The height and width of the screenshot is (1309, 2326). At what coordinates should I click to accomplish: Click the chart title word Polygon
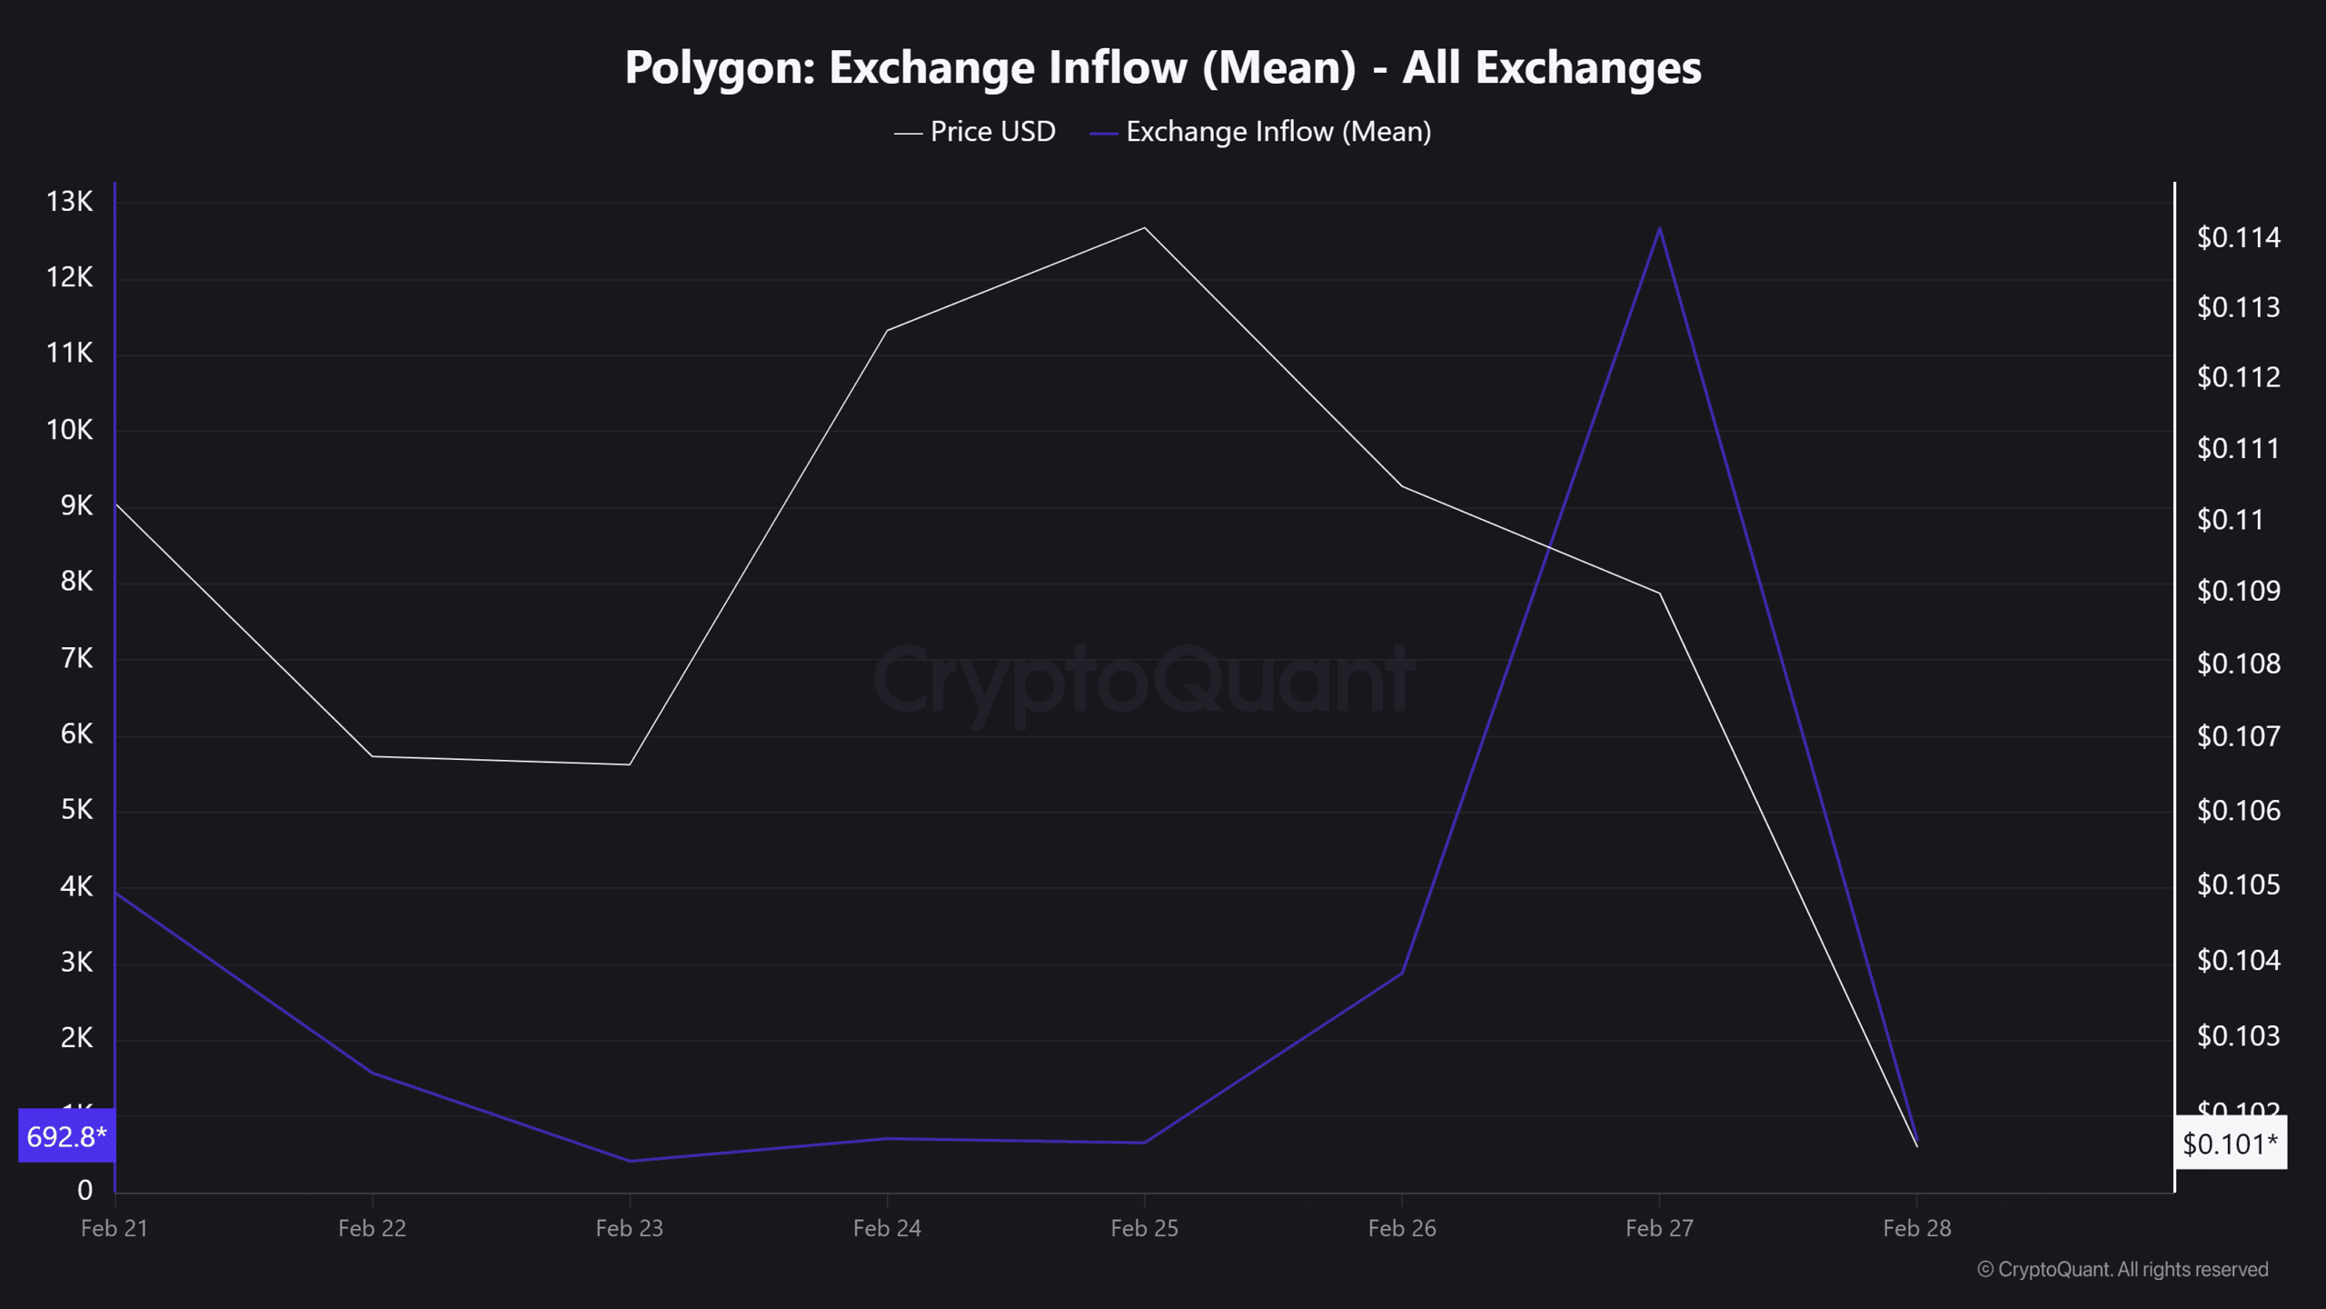(717, 68)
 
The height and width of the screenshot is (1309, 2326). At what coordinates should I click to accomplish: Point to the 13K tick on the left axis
(70, 202)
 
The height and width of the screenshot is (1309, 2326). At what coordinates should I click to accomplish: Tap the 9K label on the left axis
(76, 505)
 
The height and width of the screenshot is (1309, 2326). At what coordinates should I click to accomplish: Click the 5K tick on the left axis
(76, 810)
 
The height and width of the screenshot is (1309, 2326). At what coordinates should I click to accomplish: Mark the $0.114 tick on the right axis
(2238, 238)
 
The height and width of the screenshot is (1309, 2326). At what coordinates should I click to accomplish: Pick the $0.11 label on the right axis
(2230, 520)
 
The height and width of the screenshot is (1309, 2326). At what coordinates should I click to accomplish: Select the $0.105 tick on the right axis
(2238, 884)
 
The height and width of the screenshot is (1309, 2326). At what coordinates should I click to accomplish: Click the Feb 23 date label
(630, 1228)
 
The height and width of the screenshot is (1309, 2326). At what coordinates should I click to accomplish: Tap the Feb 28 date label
(1917, 1228)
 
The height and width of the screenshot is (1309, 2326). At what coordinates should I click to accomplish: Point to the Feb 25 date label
(1145, 1228)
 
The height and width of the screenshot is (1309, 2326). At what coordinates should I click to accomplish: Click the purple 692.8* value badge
(66, 1136)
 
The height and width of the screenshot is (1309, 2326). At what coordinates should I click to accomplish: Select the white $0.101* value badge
(2230, 1144)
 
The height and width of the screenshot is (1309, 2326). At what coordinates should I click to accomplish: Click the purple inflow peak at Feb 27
(1660, 228)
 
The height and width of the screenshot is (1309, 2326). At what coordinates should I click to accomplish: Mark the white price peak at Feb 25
(1145, 227)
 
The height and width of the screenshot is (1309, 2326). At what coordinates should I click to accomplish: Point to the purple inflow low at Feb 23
(630, 1161)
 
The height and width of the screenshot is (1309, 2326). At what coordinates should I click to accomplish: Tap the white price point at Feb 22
(373, 756)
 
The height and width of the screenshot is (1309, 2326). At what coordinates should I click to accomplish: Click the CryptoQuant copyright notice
(2122, 1270)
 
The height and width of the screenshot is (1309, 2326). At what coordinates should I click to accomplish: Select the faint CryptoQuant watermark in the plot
(1143, 680)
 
